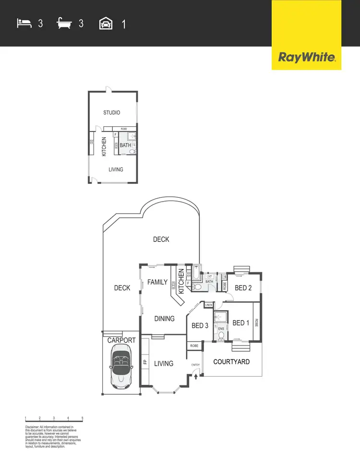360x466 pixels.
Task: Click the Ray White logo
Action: [x=306, y=58]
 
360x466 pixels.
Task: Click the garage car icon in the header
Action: [x=105, y=23]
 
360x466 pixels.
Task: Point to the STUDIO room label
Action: [x=112, y=113]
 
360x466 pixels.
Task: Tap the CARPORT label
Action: [x=121, y=340]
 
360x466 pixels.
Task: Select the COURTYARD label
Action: [x=231, y=361]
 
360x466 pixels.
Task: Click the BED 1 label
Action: [x=240, y=323]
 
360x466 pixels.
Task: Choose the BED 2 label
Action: [x=243, y=288]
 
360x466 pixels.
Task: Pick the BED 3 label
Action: [x=200, y=325]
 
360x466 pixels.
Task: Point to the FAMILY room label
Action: [x=157, y=282]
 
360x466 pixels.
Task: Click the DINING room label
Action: [x=164, y=319]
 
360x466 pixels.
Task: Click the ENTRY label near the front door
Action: [x=195, y=365]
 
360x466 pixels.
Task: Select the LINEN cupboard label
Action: [x=208, y=305]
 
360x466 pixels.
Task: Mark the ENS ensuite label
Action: [x=221, y=329]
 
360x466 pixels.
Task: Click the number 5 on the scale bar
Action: [x=83, y=418]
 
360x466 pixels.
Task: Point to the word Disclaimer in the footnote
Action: [x=33, y=427]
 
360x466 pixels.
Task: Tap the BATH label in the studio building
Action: [x=125, y=145]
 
